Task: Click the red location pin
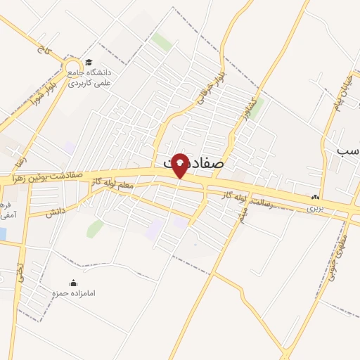(x=180, y=165)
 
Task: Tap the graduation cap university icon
(x=88, y=63)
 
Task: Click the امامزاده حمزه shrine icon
(x=75, y=282)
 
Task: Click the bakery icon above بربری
(x=315, y=198)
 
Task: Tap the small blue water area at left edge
(x=3, y=233)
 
